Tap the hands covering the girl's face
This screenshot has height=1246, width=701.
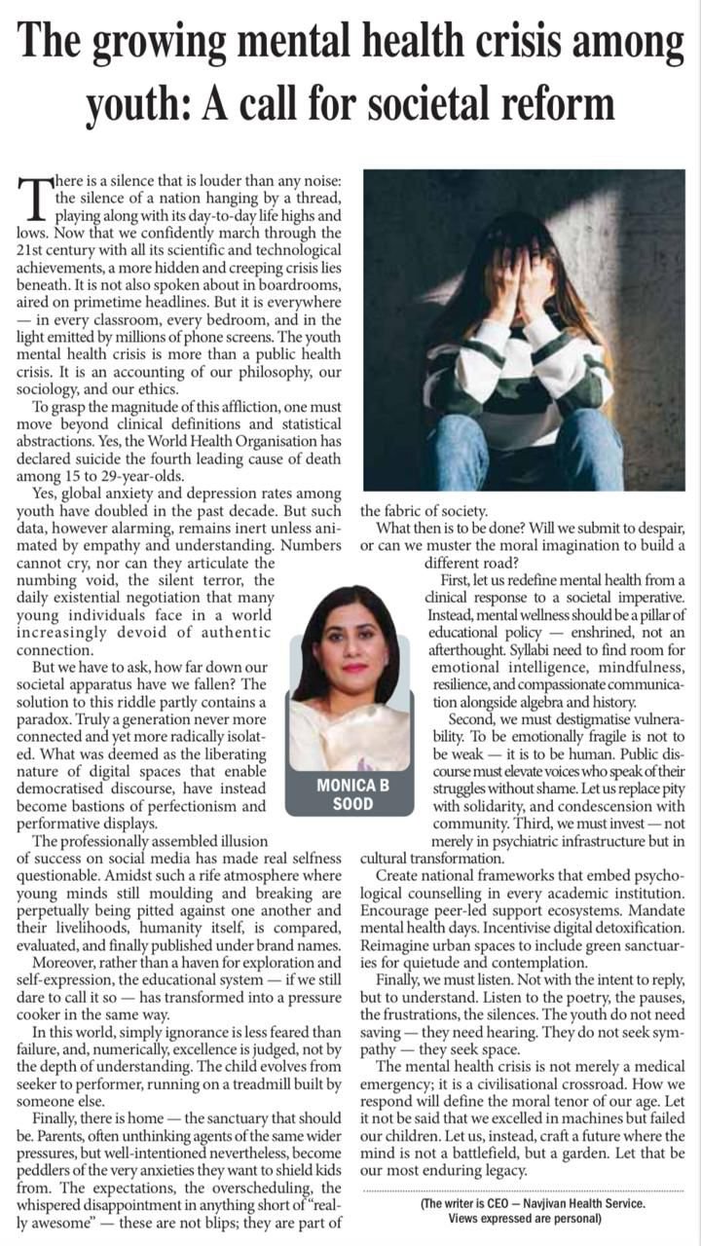(521, 283)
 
